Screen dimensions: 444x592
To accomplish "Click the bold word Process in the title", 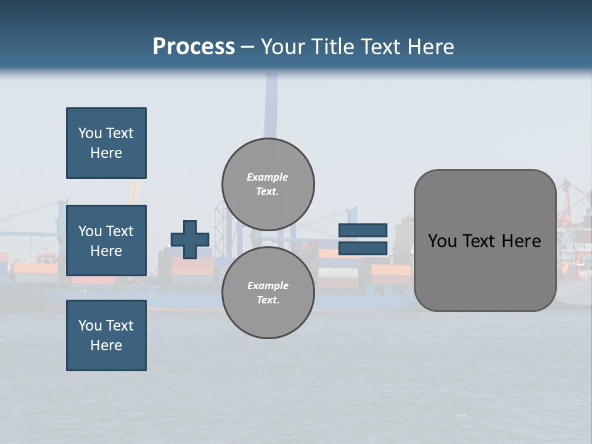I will coord(194,47).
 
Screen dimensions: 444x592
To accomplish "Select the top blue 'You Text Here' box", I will coord(106,143).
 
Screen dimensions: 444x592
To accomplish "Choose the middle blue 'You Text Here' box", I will coord(106,240).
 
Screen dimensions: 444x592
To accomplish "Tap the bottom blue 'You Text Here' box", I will coord(106,335).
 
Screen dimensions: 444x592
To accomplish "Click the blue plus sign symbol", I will coord(190,239).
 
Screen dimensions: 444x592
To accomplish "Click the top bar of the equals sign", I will coord(363,231).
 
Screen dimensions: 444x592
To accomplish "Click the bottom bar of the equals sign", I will coord(363,249).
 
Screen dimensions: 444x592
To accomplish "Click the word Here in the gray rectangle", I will coord(521,241).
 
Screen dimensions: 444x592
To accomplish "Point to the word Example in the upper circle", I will coord(267,177).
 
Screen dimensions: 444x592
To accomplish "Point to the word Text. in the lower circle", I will coord(268,300).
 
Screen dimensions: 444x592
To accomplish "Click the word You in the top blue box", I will coord(89,133).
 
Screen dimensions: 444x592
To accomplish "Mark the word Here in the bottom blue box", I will coord(106,345).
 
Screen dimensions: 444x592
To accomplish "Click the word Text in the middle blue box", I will coord(120,231).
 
